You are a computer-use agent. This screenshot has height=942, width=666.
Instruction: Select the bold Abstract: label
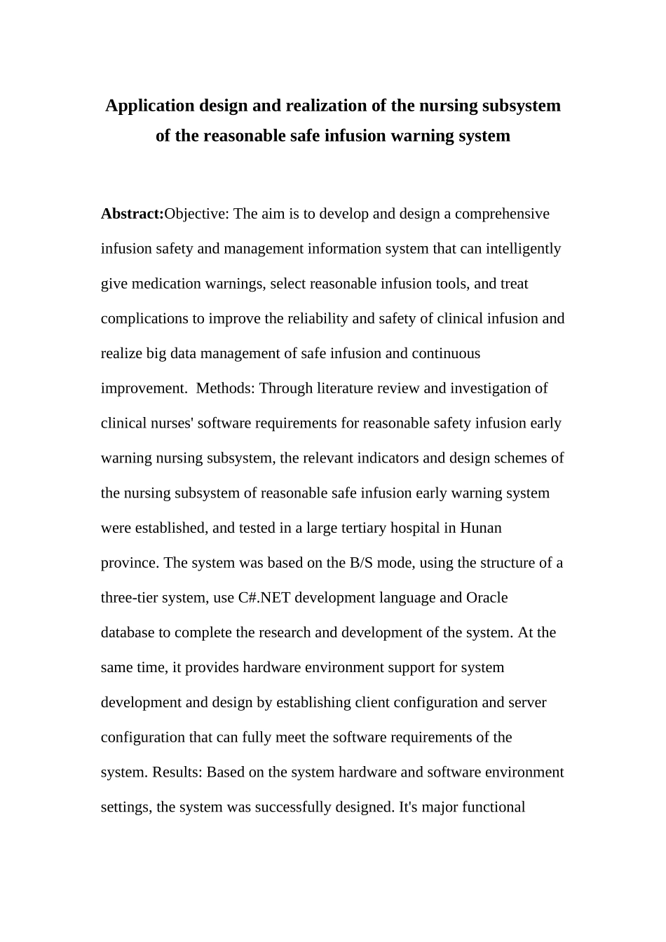pos(132,214)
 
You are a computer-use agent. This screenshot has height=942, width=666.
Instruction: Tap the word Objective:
pos(196,214)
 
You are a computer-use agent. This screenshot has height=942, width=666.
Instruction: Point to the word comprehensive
pos(502,214)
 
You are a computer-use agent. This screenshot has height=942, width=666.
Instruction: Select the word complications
pos(143,319)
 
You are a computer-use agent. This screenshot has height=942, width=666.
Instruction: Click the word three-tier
pos(130,598)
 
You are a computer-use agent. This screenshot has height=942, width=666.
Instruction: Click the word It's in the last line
pos(409,807)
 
